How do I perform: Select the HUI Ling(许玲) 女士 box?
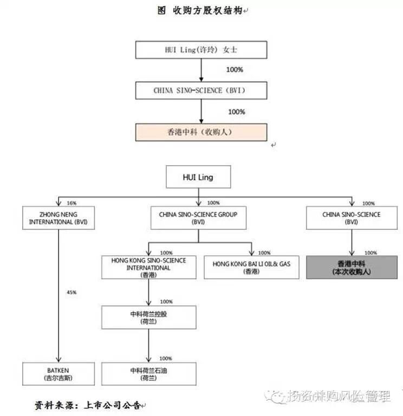(x=201, y=50)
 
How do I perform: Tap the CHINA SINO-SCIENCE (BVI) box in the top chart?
(x=201, y=90)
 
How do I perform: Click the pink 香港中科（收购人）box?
(x=201, y=132)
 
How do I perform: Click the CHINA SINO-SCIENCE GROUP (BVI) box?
(x=198, y=218)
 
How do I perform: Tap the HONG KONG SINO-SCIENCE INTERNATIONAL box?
(x=148, y=268)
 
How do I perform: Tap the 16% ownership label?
(x=71, y=203)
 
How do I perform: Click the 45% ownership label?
(x=71, y=292)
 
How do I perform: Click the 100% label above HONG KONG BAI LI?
(x=264, y=253)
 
